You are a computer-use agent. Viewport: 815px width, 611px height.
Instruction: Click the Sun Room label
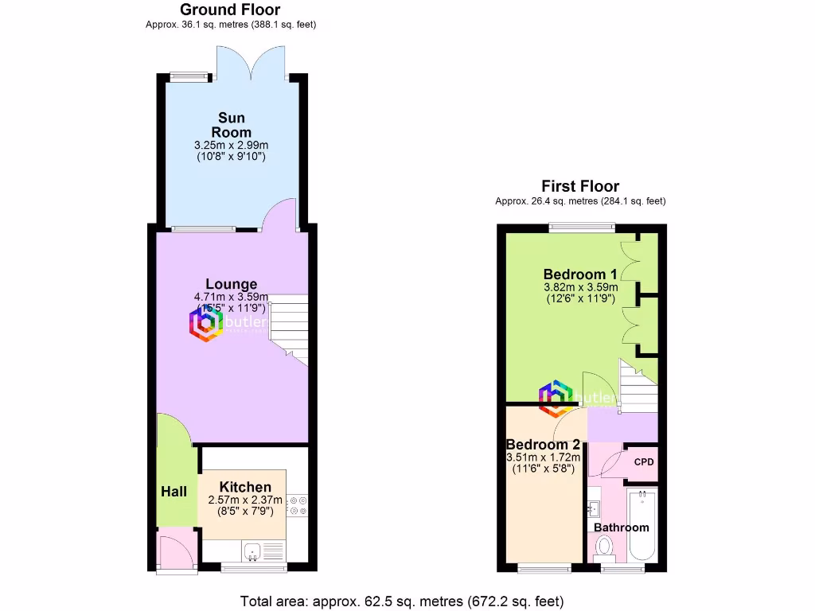[231, 126]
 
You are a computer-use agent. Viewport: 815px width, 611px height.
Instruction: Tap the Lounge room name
[231, 284]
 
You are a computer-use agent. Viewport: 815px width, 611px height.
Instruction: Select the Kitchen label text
[245, 487]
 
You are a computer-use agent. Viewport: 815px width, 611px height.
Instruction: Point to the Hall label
[174, 492]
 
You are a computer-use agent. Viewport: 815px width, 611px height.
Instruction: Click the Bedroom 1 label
[580, 274]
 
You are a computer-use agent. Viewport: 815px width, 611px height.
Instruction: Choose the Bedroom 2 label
[543, 445]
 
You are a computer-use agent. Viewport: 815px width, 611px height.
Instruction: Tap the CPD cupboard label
[643, 461]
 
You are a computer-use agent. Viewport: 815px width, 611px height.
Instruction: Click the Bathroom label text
[622, 527]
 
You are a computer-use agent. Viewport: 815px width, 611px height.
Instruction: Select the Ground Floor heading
[230, 10]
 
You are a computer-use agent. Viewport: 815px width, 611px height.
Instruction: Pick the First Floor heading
[580, 186]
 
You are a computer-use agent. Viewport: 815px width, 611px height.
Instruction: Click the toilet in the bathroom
[604, 547]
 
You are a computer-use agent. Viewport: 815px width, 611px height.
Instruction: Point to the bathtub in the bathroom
[642, 525]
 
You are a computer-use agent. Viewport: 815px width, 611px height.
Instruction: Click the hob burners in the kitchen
[298, 507]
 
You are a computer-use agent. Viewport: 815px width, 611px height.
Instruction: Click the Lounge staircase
[287, 326]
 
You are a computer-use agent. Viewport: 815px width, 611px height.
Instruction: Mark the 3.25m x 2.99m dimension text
[231, 146]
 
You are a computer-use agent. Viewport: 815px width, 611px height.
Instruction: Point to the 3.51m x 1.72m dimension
[544, 457]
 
